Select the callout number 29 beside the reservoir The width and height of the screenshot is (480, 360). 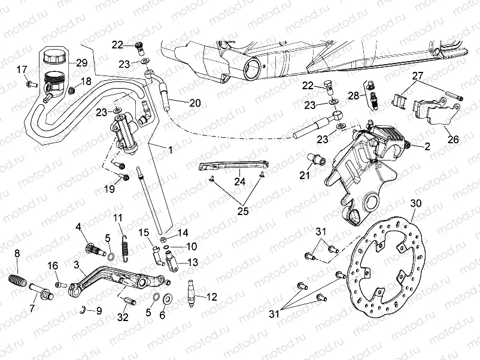(81, 63)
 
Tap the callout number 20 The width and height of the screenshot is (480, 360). (195, 102)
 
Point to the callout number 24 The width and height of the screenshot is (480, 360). (239, 180)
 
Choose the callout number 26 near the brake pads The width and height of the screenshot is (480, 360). (453, 140)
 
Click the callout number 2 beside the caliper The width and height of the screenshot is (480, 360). (427, 146)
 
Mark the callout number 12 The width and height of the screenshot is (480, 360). (212, 297)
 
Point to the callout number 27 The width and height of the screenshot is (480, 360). (417, 75)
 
